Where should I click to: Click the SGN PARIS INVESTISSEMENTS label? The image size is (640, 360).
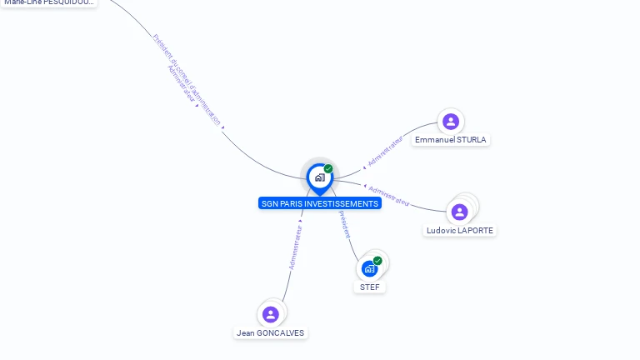pyautogui.click(x=320, y=203)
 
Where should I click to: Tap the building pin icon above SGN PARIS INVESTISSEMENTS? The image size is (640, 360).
pyautogui.click(x=319, y=177)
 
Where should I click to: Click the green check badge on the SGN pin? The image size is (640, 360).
pyautogui.click(x=328, y=168)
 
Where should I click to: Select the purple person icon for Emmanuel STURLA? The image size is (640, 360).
pyautogui.click(x=451, y=122)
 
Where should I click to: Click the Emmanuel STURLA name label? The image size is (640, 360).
pyautogui.click(x=451, y=140)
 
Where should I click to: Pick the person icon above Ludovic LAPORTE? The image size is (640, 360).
pyautogui.click(x=459, y=212)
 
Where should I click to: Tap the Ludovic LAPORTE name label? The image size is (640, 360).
pyautogui.click(x=460, y=230)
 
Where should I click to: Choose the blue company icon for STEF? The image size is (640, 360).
pyautogui.click(x=370, y=268)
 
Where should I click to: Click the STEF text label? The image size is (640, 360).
pyautogui.click(x=370, y=287)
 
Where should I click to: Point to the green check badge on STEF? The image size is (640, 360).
pyautogui.click(x=377, y=261)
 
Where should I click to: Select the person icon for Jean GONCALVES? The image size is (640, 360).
pyautogui.click(x=270, y=314)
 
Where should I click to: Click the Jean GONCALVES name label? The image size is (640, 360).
pyautogui.click(x=271, y=332)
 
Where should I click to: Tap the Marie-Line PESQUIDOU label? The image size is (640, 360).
pyautogui.click(x=48, y=2)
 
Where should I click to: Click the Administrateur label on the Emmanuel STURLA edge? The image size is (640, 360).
pyautogui.click(x=386, y=151)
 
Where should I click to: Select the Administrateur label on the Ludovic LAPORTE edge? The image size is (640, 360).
pyautogui.click(x=389, y=196)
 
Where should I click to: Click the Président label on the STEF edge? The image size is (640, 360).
pyautogui.click(x=345, y=224)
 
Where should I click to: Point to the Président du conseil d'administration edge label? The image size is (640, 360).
pyautogui.click(x=187, y=79)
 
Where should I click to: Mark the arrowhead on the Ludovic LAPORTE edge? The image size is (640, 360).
pyautogui.click(x=365, y=187)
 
